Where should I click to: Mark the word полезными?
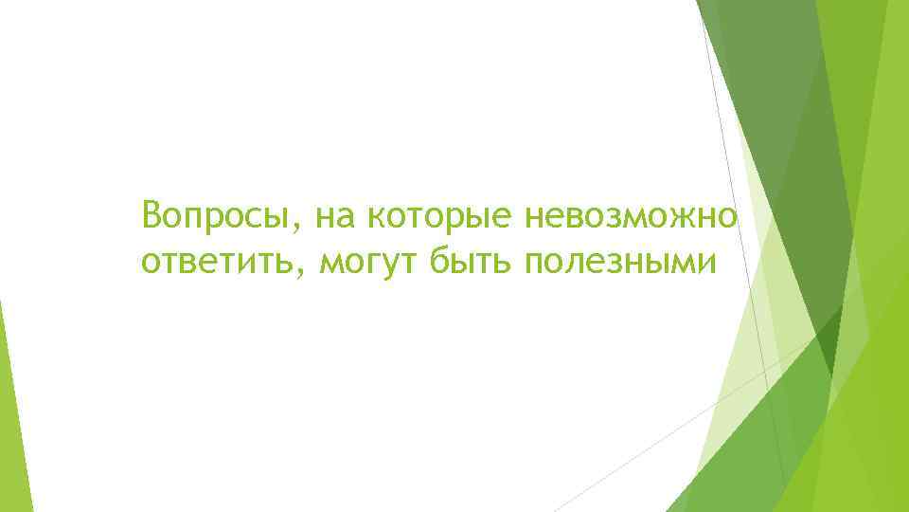click(x=622, y=262)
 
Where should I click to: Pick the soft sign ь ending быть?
click(x=503, y=263)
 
